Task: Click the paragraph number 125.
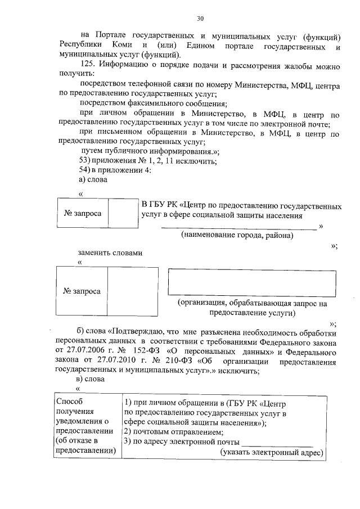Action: click(87, 66)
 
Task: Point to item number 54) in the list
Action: click(85, 170)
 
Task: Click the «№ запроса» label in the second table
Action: click(82, 291)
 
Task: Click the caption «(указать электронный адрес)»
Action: click(271, 452)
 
